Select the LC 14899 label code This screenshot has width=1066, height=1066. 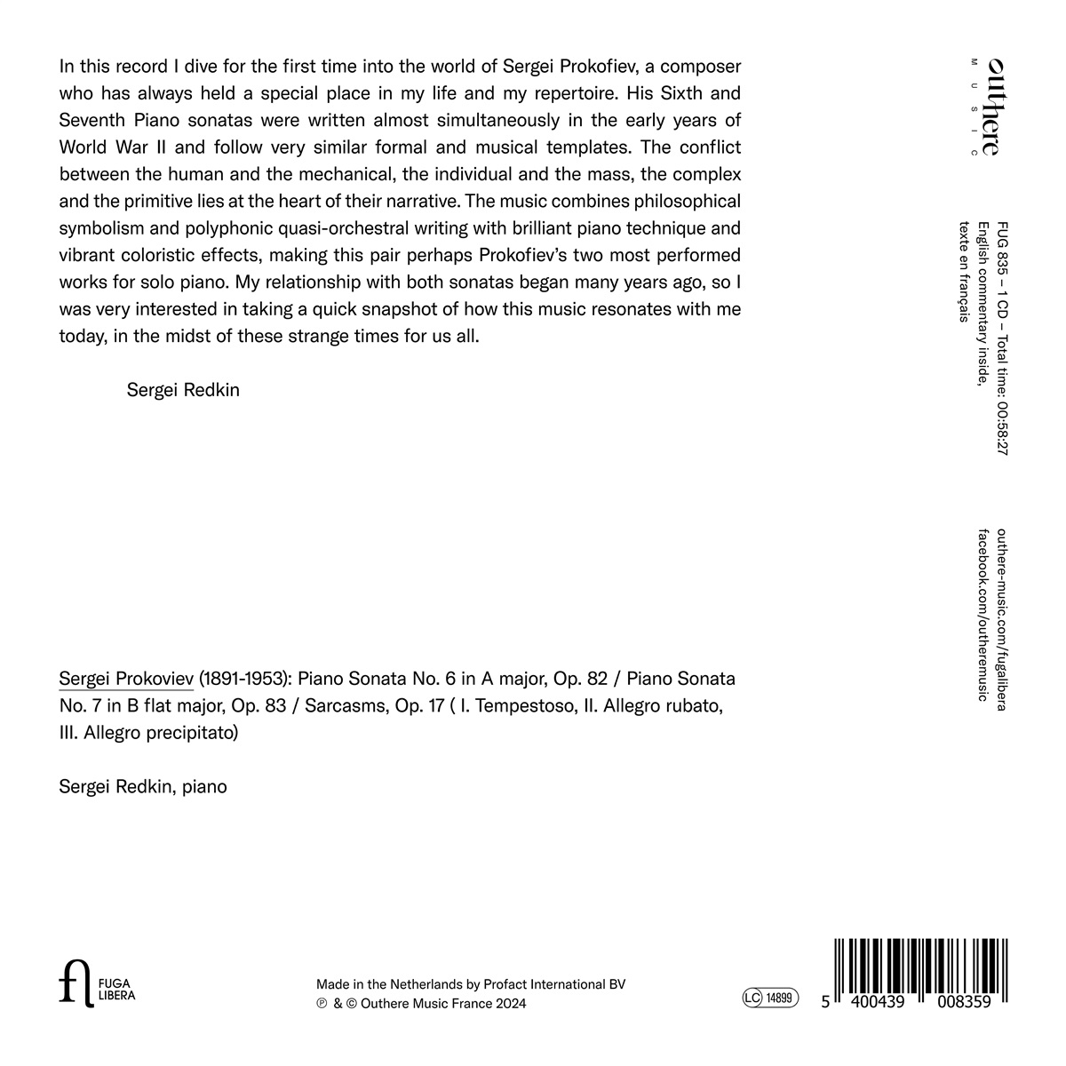[x=770, y=998]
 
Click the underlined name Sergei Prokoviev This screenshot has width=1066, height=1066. [x=125, y=680]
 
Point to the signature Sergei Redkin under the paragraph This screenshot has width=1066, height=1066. [x=183, y=390]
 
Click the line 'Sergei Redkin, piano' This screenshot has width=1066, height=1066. [x=143, y=786]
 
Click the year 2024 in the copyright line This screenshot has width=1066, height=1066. [x=511, y=1004]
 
